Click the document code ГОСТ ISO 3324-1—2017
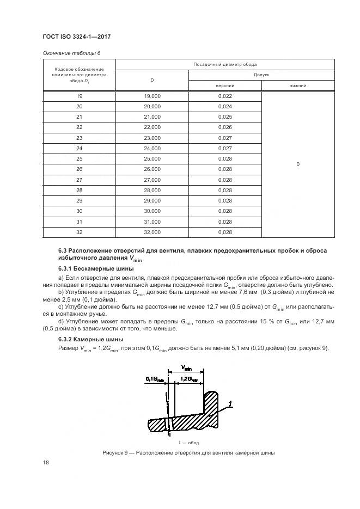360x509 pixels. [77, 36]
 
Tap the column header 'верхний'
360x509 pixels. [224, 85]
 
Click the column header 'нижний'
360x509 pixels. [298, 85]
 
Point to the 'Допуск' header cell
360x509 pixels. [261, 75]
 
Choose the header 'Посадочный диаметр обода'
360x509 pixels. [225, 64]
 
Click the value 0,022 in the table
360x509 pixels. [224, 96]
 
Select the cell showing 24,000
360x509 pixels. [152, 148]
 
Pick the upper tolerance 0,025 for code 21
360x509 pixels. [224, 117]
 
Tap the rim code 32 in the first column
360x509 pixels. [79, 232]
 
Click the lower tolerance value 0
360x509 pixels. [298, 164]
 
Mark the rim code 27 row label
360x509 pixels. [79, 180]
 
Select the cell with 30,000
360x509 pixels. [152, 211]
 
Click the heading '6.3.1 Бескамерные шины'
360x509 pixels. [88, 269]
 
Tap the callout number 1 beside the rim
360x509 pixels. [231, 403]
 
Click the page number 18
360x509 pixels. [45, 463]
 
